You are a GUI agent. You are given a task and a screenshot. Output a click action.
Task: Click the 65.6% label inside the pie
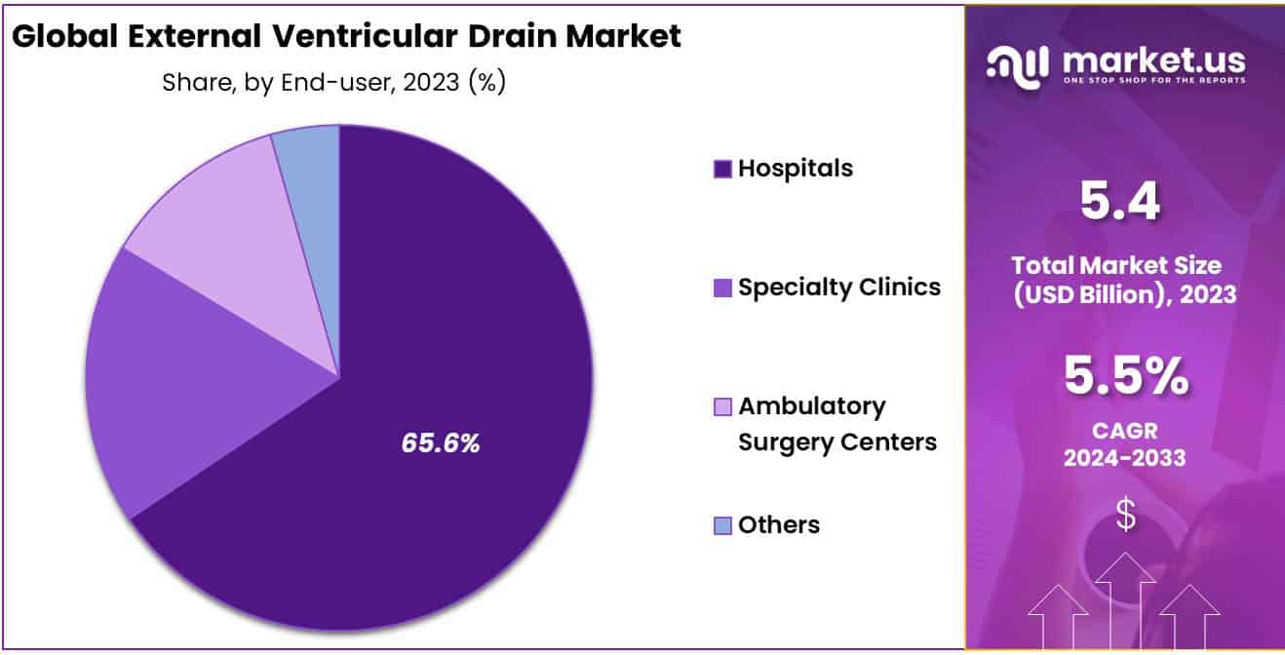point(441,443)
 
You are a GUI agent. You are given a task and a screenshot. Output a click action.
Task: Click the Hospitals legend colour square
point(722,170)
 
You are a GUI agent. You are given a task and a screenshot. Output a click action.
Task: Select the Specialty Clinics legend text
point(838,288)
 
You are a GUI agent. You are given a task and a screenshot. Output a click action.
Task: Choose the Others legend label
point(778,525)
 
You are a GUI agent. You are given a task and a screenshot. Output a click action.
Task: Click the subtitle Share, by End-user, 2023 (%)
point(333,83)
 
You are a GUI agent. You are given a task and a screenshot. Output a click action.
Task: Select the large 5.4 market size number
point(1120,203)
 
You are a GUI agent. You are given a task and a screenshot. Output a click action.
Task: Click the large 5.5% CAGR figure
point(1125,376)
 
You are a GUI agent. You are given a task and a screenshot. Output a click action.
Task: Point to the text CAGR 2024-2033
point(1125,443)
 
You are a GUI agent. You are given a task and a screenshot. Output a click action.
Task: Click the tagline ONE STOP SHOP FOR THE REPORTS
point(1153,80)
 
